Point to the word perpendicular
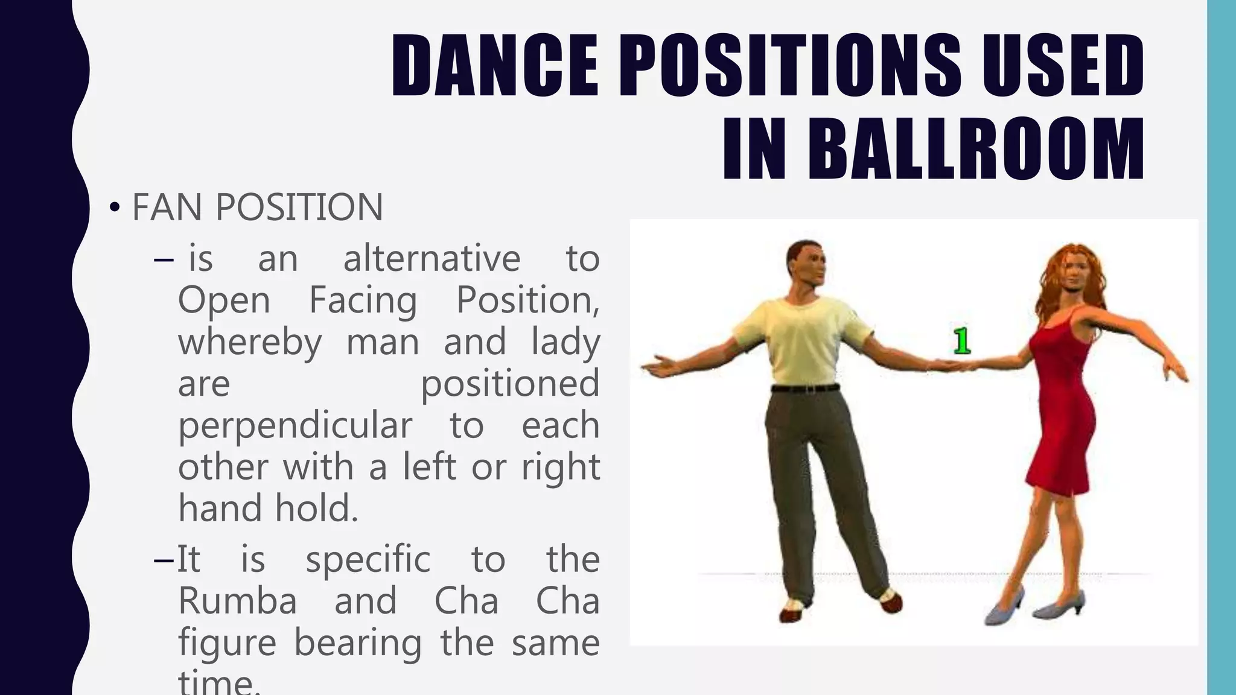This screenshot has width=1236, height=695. click(295, 426)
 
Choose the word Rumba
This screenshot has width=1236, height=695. click(238, 601)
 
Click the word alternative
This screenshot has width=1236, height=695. click(432, 259)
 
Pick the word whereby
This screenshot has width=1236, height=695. click(250, 342)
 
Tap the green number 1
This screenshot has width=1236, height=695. click(962, 341)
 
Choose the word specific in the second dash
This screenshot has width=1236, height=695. click(368, 559)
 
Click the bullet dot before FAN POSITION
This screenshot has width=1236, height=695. click(114, 208)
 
